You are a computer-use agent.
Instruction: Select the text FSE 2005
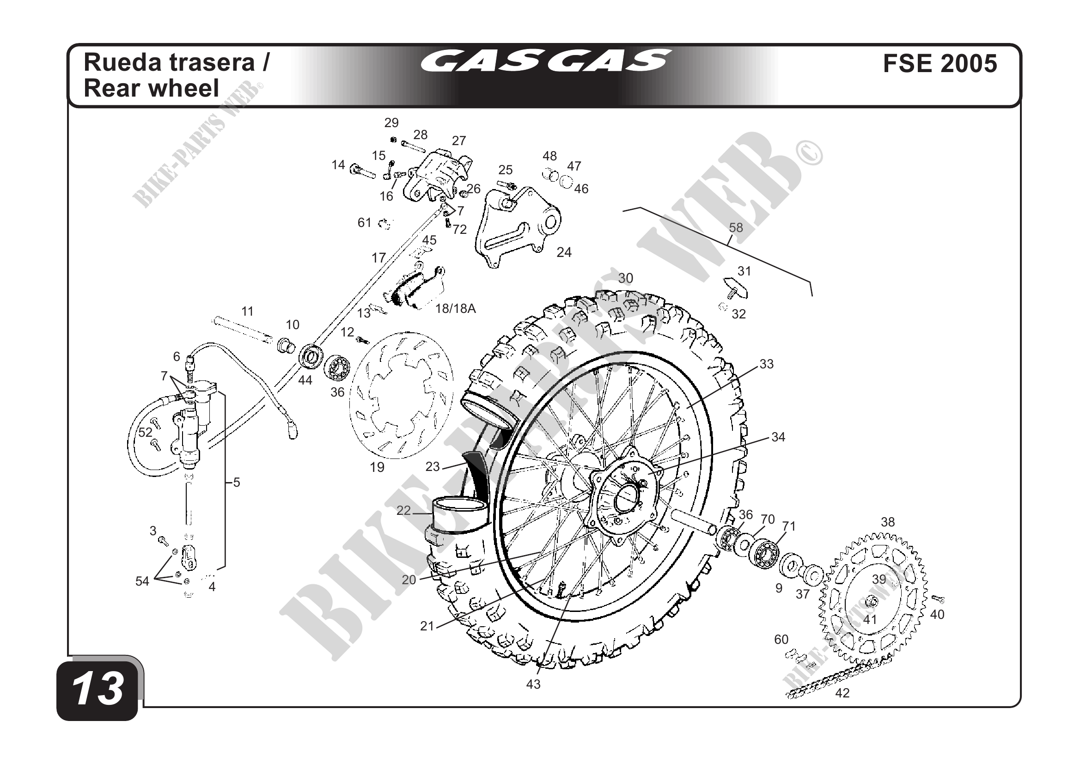coord(940,64)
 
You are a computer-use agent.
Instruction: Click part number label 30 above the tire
coord(625,279)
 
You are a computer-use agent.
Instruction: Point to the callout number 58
coord(736,228)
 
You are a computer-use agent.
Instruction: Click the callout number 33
coord(766,364)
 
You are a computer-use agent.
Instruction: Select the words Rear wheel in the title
coord(152,88)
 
